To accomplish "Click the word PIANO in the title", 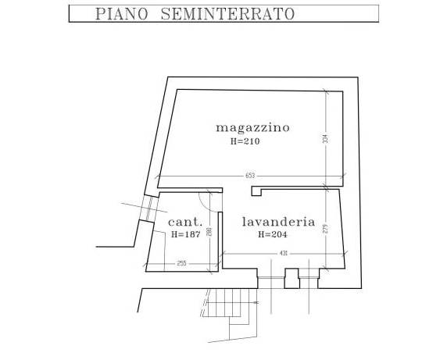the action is [x=122, y=14].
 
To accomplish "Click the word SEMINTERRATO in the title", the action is [x=227, y=14].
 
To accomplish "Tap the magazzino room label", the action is [x=252, y=128].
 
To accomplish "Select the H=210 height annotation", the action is [x=245, y=141].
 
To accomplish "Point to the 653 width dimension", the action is [x=250, y=176].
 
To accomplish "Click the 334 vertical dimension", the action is [x=325, y=139].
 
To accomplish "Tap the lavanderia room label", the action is [x=278, y=222].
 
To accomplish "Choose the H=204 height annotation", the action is [x=273, y=234].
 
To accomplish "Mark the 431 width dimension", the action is [x=284, y=254].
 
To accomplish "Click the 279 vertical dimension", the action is [x=326, y=229].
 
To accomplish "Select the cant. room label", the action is [x=185, y=222].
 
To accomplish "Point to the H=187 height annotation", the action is [x=186, y=234].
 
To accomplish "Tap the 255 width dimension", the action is [x=182, y=263].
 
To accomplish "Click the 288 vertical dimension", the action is [x=209, y=232].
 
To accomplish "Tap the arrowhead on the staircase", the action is [x=256, y=303].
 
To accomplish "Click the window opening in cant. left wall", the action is [x=148, y=208].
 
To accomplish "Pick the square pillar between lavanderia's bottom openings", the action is [x=292, y=279].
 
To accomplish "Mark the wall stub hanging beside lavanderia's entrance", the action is [x=256, y=191].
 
